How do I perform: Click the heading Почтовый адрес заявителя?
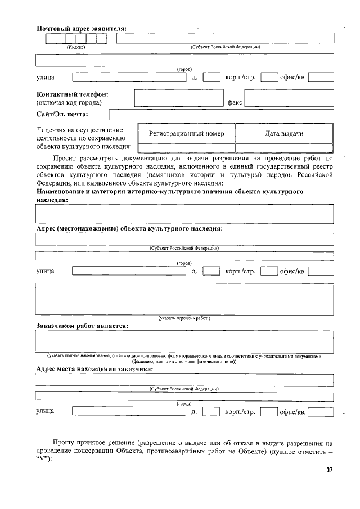pyautogui.click(x=81, y=29)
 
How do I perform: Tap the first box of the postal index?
pyautogui.click(x=51, y=39)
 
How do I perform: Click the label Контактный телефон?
pyautogui.click(x=72, y=94)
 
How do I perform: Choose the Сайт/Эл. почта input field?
pyautogui.click(x=221, y=115)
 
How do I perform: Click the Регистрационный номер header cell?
pyautogui.click(x=186, y=134)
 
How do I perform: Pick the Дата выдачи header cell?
pyautogui.click(x=284, y=134)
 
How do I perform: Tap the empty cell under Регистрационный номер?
pyautogui.click(x=186, y=148)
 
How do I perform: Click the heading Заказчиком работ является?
pyautogui.click(x=82, y=325)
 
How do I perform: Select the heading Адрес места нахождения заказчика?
pyautogui.click(x=94, y=369)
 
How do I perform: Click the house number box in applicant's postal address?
pyautogui.click(x=211, y=77)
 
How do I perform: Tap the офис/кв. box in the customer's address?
pyautogui.click(x=321, y=412)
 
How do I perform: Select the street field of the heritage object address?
pyautogui.click(x=129, y=271)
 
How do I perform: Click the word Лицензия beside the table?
pyautogui.click(x=51, y=130)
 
